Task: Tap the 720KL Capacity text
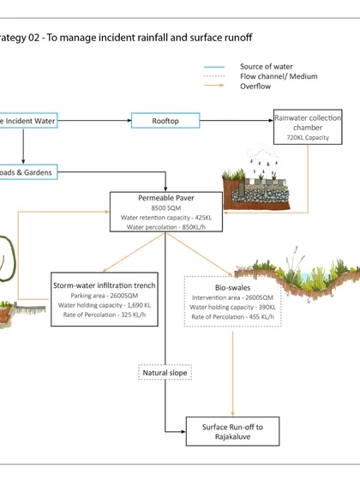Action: pyautogui.click(x=308, y=138)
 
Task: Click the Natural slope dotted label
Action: pyautogui.click(x=165, y=373)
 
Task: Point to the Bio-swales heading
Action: pyautogui.click(x=232, y=288)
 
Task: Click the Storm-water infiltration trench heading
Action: pyautogui.click(x=105, y=285)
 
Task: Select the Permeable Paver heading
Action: pyautogui.click(x=166, y=198)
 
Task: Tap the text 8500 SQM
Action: pyautogui.click(x=166, y=208)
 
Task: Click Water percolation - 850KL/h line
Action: pyautogui.click(x=166, y=227)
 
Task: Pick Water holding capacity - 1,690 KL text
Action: pyautogui.click(x=105, y=305)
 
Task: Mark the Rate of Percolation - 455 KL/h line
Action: pyautogui.click(x=232, y=317)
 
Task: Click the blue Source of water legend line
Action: pyautogui.click(x=214, y=67)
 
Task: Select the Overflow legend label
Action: pyautogui.click(x=255, y=87)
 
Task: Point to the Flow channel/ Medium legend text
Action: pyautogui.click(x=279, y=76)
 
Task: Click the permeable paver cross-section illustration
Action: pyautogui.click(x=256, y=185)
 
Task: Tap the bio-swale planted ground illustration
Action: pyautogui.click(x=297, y=275)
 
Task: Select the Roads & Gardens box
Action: pyautogui.click(x=29, y=172)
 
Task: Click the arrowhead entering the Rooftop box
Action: pyautogui.click(x=129, y=121)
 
